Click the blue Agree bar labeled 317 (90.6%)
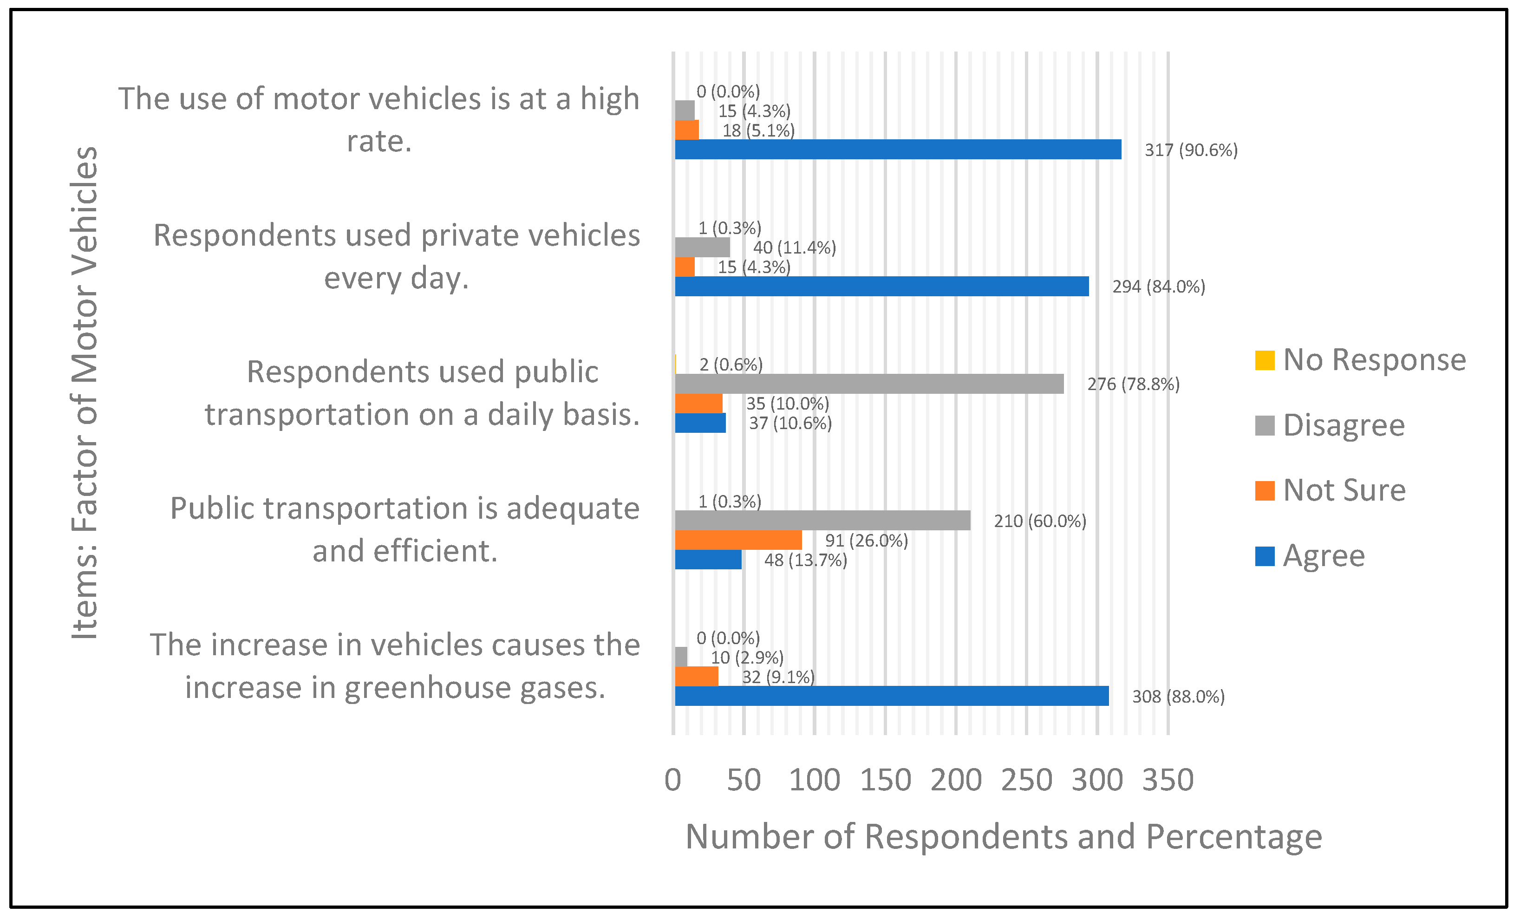tap(898, 149)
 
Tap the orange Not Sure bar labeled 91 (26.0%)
tap(738, 540)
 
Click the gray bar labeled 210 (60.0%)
tap(822, 521)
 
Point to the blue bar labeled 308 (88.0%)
tap(891, 696)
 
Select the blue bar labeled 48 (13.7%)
tap(708, 560)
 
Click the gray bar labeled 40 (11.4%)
tap(702, 248)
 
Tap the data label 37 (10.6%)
tap(790, 423)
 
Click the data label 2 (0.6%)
tap(731, 365)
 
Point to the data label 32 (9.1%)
tap(778, 677)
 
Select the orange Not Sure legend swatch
tap(1265, 490)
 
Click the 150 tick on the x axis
tap(885, 780)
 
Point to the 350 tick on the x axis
tap(1168, 780)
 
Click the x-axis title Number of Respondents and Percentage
tap(1004, 837)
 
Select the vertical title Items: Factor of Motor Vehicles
tap(85, 392)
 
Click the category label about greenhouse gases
tap(395, 666)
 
